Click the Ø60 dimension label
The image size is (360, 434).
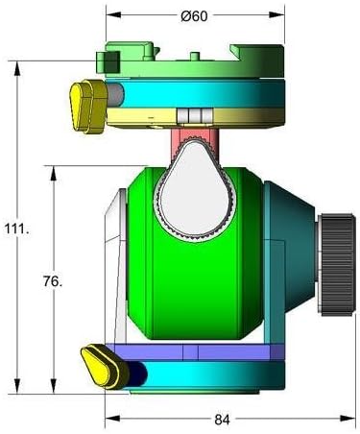pos(194,16)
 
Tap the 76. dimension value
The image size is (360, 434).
pos(55,281)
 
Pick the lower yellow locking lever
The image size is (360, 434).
pos(101,364)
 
